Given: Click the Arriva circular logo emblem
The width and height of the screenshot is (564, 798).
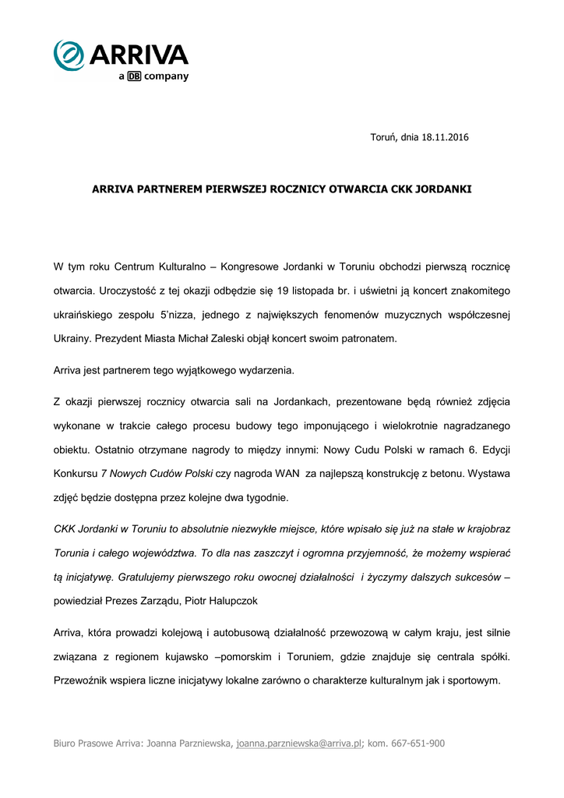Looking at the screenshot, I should click(x=69, y=55).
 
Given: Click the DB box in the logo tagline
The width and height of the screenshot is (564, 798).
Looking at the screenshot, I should click(x=134, y=76).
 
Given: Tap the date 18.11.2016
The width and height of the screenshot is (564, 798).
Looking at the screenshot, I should click(x=445, y=138).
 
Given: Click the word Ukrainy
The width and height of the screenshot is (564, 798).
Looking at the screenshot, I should click(x=71, y=339).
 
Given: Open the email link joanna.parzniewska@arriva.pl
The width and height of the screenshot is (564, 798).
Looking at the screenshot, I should click(x=299, y=743).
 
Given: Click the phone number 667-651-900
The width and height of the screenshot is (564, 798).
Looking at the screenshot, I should click(x=418, y=743).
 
